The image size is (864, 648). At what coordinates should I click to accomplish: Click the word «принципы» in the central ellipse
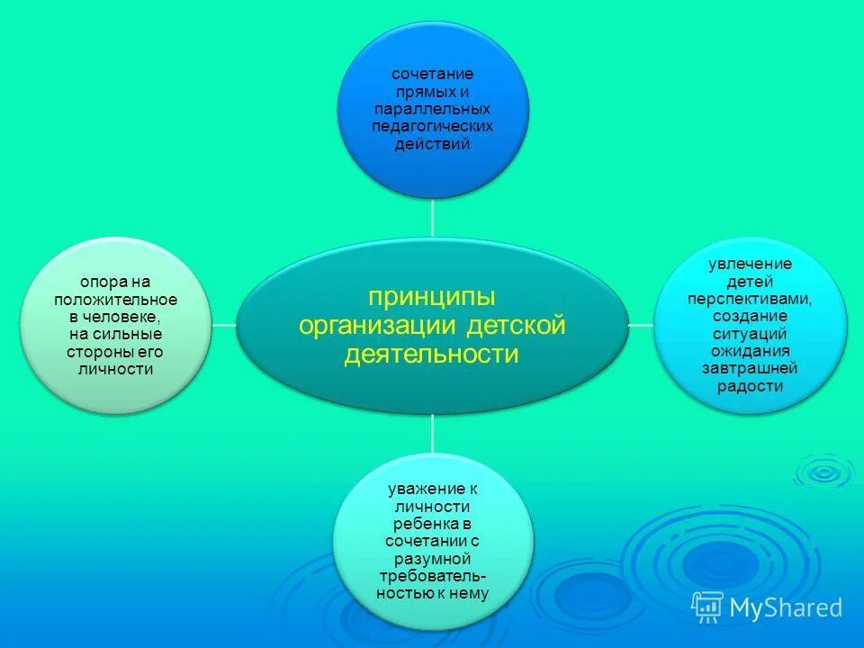tap(432, 296)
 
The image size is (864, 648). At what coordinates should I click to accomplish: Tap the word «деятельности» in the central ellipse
tap(432, 354)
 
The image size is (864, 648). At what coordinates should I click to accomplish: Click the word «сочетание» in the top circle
tap(432, 73)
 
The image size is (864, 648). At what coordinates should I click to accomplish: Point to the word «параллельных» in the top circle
tap(432, 108)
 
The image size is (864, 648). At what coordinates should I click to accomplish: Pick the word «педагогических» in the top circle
tap(432, 126)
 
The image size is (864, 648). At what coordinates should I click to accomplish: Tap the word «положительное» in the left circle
tap(115, 300)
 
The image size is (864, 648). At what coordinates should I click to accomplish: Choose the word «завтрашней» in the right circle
tap(750, 369)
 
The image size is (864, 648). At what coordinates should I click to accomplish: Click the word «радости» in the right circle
tap(750, 387)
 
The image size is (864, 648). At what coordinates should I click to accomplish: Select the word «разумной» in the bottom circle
tap(432, 558)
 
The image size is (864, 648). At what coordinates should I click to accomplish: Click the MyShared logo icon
tap(707, 607)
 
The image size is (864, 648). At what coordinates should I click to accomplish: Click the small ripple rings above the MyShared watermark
tap(822, 471)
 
